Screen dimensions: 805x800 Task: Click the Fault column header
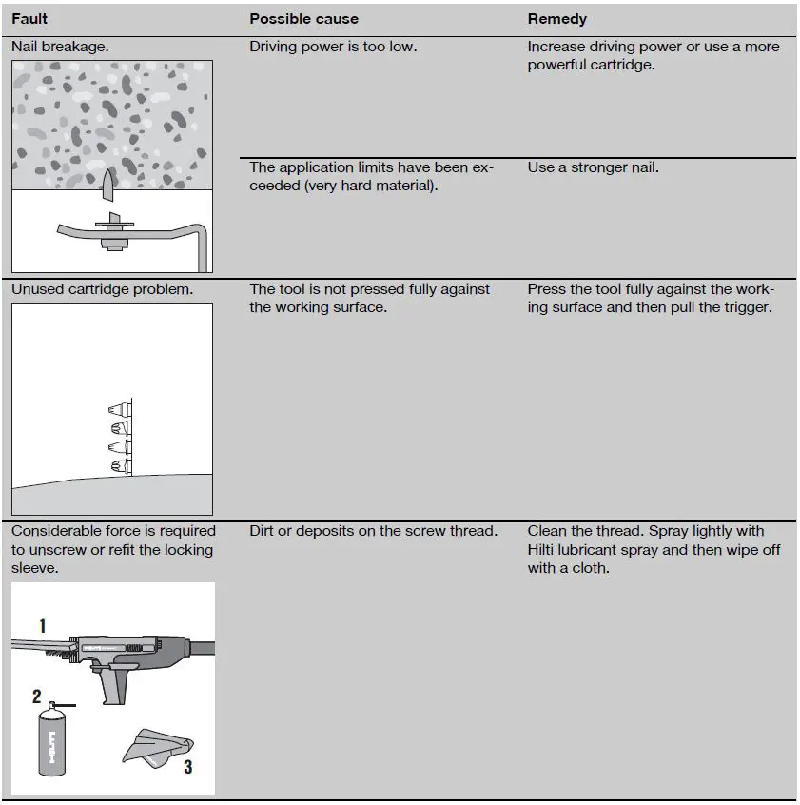pos(29,19)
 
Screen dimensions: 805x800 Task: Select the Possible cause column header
pos(303,19)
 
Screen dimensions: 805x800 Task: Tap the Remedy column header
pos(556,19)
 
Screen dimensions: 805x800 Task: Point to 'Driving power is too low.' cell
pos(333,47)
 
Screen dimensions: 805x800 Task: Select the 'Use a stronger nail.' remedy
pos(593,167)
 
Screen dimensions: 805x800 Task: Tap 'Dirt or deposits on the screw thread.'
pos(373,531)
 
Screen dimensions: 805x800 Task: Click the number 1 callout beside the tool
pos(42,626)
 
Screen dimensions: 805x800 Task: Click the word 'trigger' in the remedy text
pos(749,308)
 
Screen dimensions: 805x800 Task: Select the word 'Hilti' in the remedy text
pos(545,550)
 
